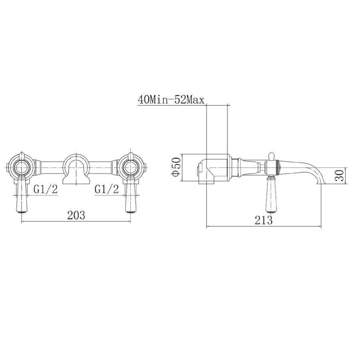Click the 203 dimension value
pos(76,215)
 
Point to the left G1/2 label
pos(45,189)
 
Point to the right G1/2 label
pos(107,189)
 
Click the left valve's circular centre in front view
pos(21,167)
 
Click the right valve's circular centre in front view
pos(131,167)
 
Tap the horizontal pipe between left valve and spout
pos(50,164)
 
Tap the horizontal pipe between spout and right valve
pos(102,164)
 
